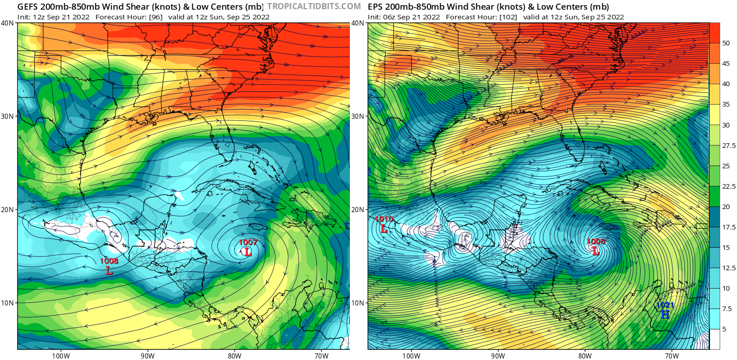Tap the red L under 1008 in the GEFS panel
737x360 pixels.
(109, 270)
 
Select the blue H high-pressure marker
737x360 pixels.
(665, 314)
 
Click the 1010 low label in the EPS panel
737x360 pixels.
(384, 219)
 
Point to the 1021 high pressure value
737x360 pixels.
(665, 305)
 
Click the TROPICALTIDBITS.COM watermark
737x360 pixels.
(314, 6)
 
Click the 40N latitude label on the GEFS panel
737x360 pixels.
(7, 23)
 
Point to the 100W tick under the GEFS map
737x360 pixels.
(60, 356)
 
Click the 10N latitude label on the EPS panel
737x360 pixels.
(359, 303)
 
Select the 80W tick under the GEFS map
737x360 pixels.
(234, 356)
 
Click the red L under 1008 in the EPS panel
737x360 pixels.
(595, 250)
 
